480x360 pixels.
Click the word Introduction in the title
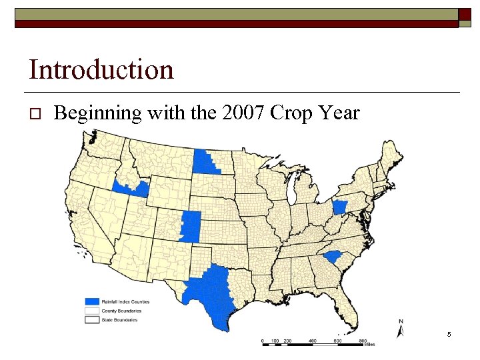pyautogui.click(x=101, y=69)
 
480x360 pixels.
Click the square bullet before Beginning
pyautogui.click(x=37, y=114)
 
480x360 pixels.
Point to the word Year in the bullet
pyautogui.click(x=338, y=113)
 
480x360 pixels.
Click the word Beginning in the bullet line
pyautogui.click(x=98, y=114)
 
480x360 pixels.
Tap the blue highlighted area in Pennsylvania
pyautogui.click(x=340, y=207)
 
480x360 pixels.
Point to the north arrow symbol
pyautogui.click(x=401, y=330)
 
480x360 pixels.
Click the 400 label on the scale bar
pyautogui.click(x=311, y=341)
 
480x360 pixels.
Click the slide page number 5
pyautogui.click(x=449, y=333)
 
